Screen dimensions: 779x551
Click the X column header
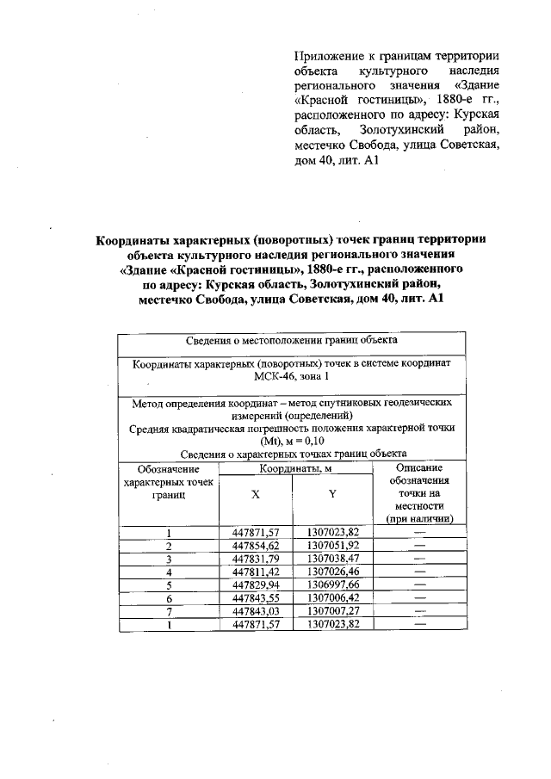tap(256, 495)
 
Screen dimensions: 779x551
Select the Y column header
tap(332, 495)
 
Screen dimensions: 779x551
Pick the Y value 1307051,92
tap(332, 545)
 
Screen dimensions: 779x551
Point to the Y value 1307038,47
tap(332, 558)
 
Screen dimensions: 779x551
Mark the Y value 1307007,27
tap(332, 610)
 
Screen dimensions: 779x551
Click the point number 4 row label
tap(170, 571)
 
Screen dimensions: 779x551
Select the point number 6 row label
tap(170, 597)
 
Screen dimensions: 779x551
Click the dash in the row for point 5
tap(419, 584)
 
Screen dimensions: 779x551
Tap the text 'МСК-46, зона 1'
tap(291, 377)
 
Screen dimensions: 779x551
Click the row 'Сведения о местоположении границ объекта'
tap(291, 341)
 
